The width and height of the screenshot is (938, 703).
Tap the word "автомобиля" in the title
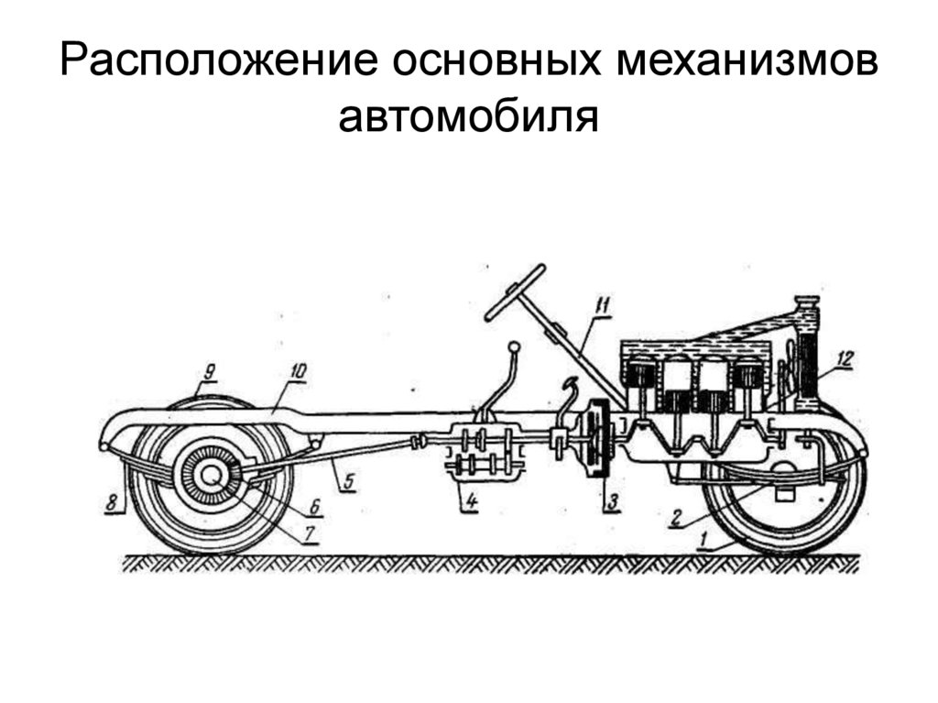pos(468,116)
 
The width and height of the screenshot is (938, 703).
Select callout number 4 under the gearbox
pos(469,501)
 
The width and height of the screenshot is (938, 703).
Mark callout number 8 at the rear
pos(112,502)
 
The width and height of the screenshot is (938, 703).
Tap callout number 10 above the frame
pos(298,370)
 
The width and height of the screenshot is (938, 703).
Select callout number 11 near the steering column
pos(600,306)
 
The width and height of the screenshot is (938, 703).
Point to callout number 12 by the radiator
pos(843,360)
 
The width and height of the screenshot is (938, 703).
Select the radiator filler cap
pos(806,303)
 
